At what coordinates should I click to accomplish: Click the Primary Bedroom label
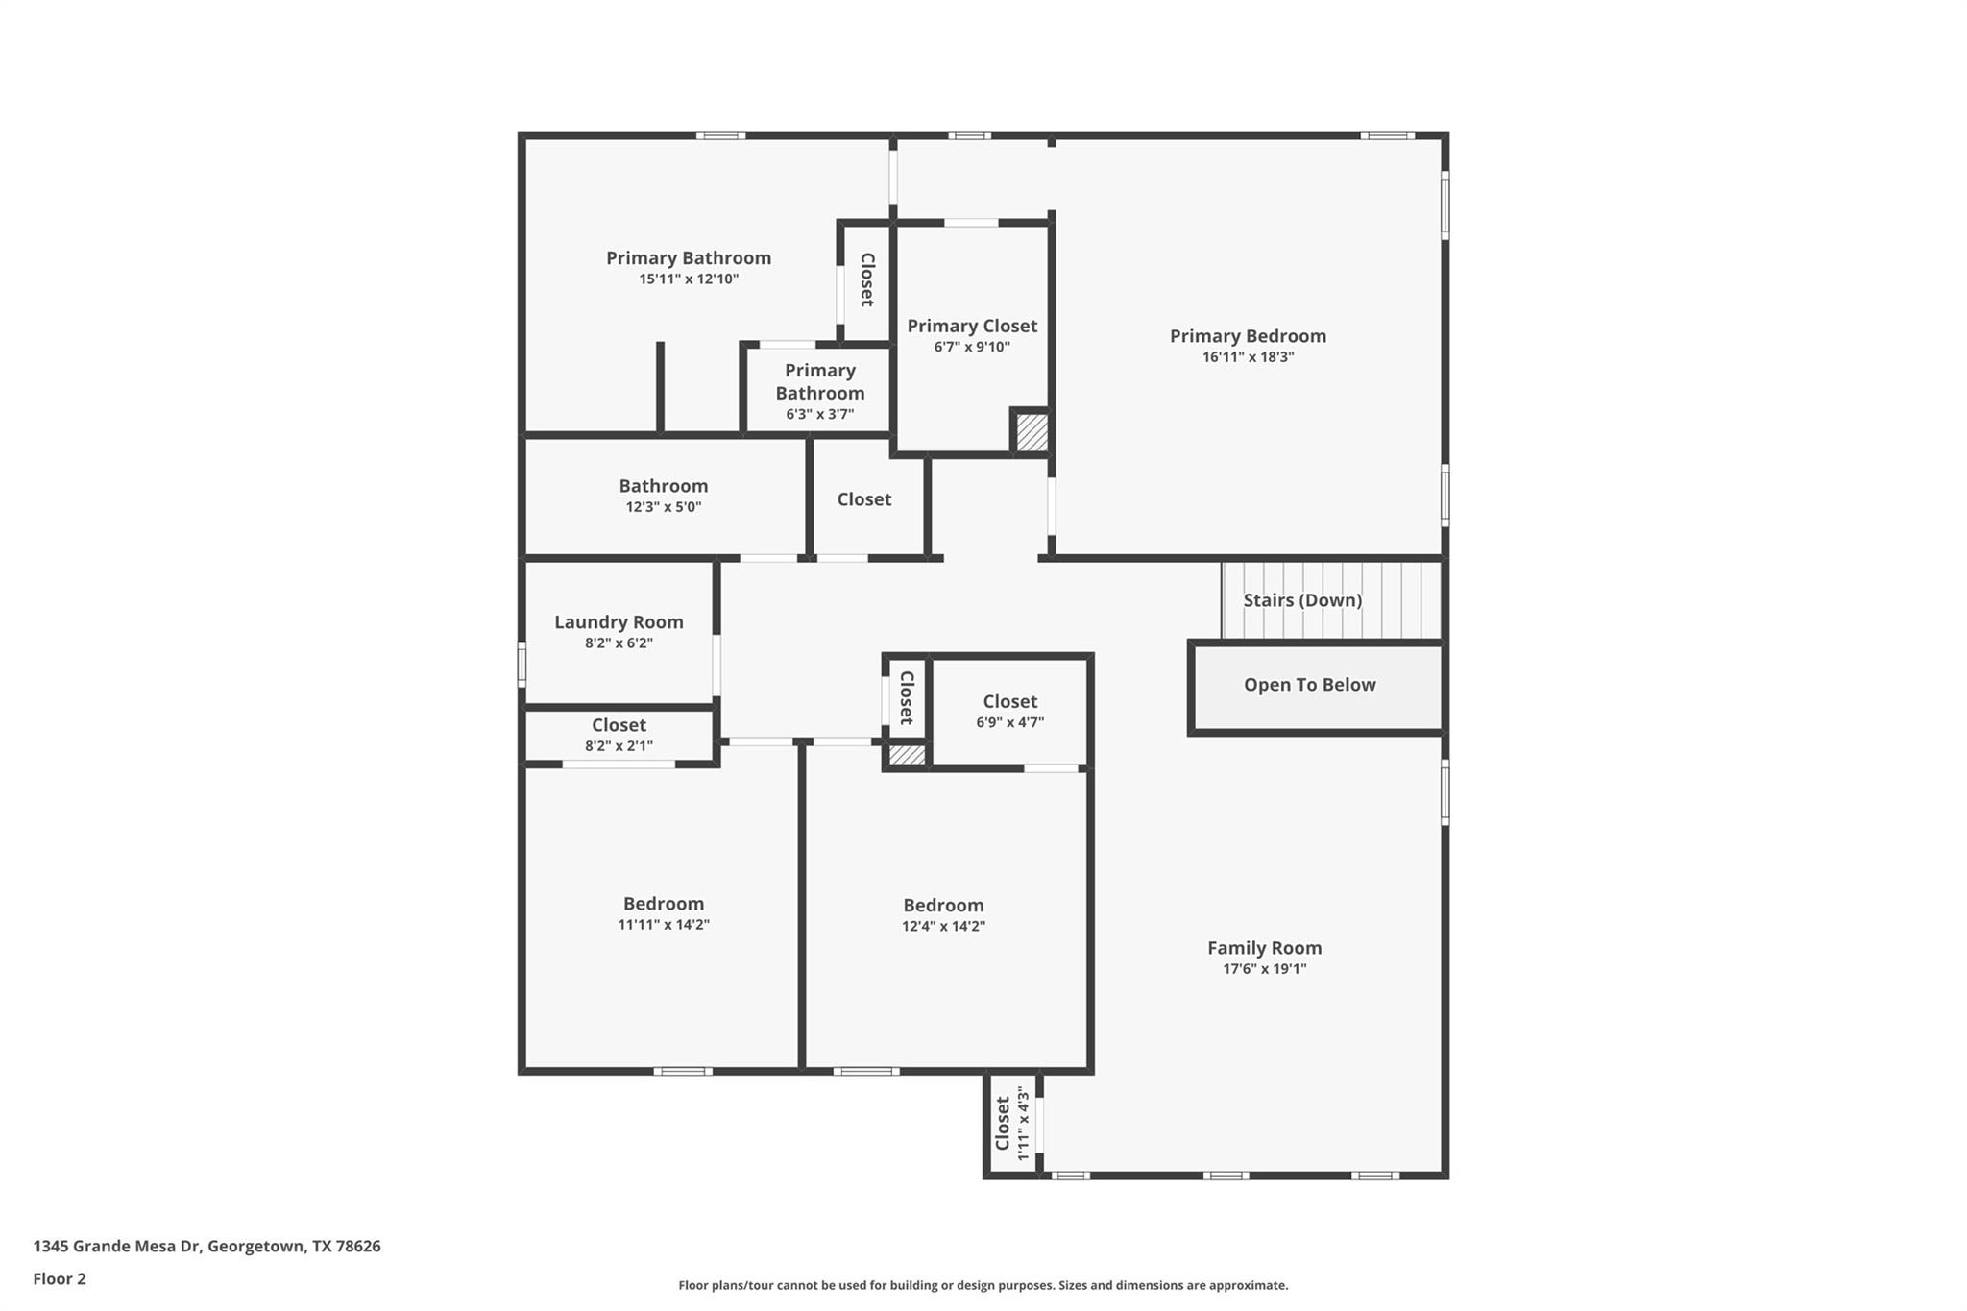point(1248,336)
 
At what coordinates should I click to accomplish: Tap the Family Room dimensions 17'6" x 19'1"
point(1264,969)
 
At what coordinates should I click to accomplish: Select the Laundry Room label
point(619,622)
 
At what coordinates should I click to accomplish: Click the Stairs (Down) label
point(1302,600)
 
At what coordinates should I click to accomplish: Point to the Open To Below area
point(1309,685)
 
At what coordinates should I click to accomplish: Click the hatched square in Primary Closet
point(1032,432)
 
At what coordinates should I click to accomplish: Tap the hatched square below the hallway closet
point(907,756)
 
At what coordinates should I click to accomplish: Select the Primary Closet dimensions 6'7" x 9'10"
point(972,348)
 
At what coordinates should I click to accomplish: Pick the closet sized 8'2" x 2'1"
point(619,735)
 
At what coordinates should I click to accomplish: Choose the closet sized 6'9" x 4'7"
point(1009,711)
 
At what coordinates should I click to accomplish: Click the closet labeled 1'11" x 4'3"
point(1011,1124)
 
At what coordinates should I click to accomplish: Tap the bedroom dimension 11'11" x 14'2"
point(663,925)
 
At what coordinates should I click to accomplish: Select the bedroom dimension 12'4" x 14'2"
point(943,927)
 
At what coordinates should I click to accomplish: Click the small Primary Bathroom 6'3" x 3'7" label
point(819,392)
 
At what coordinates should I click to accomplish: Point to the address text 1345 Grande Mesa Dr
point(206,1247)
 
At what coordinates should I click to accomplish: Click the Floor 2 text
point(60,1279)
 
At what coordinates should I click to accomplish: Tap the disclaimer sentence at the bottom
point(983,1285)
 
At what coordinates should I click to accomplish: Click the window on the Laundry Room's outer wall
point(522,664)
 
